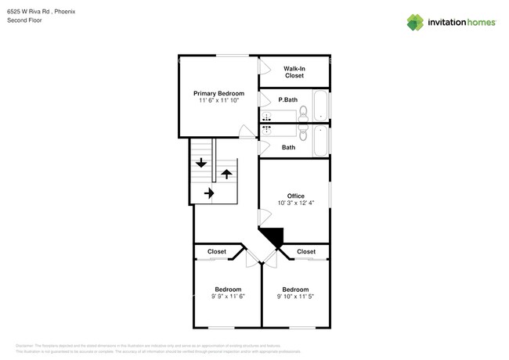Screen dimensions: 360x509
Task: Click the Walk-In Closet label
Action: (x=294, y=72)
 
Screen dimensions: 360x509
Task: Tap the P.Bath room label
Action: (x=287, y=100)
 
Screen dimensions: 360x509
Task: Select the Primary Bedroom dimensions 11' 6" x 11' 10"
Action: (x=218, y=100)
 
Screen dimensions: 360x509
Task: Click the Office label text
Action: (x=295, y=196)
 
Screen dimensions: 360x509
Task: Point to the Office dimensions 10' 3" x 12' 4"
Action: (x=295, y=203)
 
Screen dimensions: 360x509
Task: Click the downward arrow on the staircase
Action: (x=201, y=163)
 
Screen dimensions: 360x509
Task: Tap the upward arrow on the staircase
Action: (x=226, y=172)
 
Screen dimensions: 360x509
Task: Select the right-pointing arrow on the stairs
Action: (x=209, y=192)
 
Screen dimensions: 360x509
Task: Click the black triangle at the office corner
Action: (x=272, y=237)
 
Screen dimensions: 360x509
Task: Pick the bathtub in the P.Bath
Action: (x=321, y=106)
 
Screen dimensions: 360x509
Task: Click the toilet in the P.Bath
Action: (x=303, y=114)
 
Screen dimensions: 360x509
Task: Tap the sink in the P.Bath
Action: (x=266, y=116)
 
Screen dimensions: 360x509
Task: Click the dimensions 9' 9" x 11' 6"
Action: (x=229, y=296)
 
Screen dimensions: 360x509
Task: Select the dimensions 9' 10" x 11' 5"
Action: (x=295, y=296)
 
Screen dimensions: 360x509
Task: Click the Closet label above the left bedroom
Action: (x=217, y=251)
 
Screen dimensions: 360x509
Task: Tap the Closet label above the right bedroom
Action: (x=306, y=251)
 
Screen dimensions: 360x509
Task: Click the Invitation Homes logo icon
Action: (x=415, y=22)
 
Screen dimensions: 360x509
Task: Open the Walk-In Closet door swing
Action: (x=264, y=67)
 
